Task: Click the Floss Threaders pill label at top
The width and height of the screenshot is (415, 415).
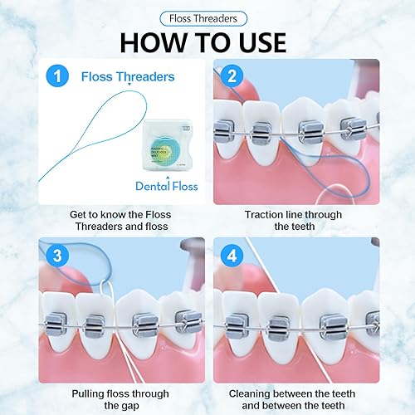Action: coord(207,17)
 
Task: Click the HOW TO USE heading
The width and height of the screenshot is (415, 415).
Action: coord(207,42)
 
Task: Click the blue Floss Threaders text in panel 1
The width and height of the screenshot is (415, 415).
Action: coord(128,77)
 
